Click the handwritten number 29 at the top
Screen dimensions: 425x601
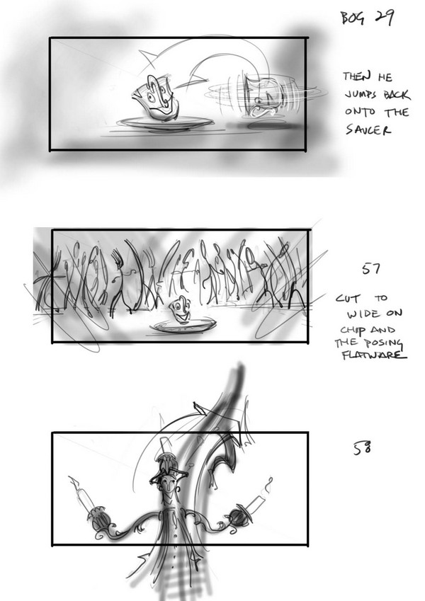(384, 17)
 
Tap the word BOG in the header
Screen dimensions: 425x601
(353, 18)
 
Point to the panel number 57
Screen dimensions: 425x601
(370, 269)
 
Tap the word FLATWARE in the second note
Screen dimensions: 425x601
(373, 355)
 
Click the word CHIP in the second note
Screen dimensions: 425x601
(350, 331)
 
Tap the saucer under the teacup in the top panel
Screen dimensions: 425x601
(165, 123)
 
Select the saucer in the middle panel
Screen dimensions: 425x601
(183, 326)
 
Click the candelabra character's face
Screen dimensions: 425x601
(168, 488)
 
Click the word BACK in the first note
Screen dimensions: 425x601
(397, 94)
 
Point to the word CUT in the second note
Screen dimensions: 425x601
(348, 298)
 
